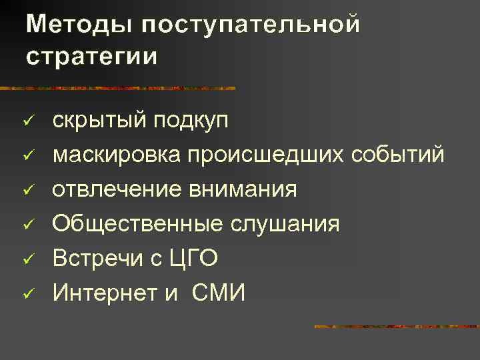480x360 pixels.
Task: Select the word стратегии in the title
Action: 93,55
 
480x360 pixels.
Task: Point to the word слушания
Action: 284,224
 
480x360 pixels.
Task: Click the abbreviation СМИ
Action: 218,292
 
